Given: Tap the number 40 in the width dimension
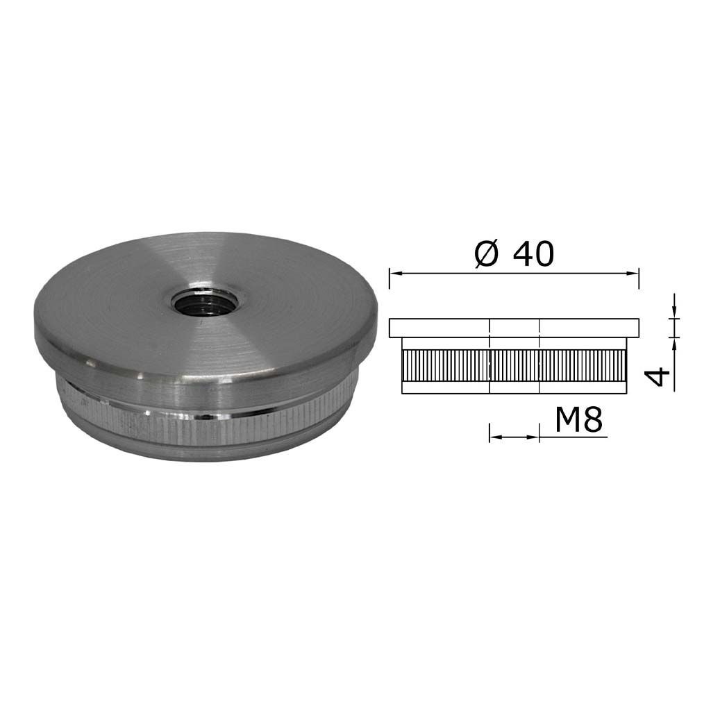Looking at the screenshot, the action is pos(533,254).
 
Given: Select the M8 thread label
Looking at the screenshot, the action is pos(578,420).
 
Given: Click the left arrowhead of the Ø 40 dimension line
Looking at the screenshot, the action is pos(396,273).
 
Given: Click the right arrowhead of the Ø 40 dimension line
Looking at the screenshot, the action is pos(633,273).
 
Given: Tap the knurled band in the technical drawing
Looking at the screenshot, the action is pos(515,365).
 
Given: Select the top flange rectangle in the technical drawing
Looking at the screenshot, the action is pos(515,328).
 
